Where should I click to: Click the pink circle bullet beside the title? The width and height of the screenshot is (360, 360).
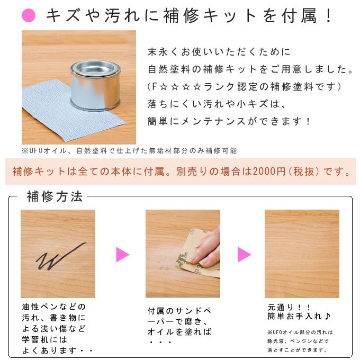coord(29,15)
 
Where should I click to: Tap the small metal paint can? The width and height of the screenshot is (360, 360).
coord(95,85)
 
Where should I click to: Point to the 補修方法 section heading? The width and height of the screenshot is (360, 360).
coord(55,196)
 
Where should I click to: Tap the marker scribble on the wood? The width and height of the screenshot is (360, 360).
coord(61,256)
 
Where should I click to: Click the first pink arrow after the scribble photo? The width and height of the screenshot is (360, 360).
coord(123,255)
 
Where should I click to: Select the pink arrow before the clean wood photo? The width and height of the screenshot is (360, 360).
coord(244,255)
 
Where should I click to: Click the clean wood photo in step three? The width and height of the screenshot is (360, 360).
coord(302,254)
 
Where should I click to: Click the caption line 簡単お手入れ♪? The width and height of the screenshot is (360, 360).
coord(299,317)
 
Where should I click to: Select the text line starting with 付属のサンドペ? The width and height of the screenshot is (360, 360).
coord(179,311)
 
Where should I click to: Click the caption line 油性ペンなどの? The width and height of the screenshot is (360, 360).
coord(53,307)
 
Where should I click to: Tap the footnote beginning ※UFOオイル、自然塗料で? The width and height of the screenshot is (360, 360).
coord(129,150)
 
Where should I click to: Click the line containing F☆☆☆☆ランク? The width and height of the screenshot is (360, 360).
coord(244,87)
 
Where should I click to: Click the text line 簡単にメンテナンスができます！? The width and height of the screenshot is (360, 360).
coord(229,121)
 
